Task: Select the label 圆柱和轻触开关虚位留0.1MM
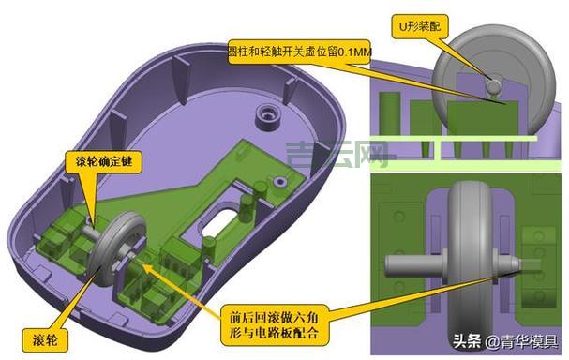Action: pos(299,51)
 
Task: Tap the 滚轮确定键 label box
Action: pos(106,160)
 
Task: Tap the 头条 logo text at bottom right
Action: pos(469,340)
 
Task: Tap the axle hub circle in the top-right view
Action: pos(492,85)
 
